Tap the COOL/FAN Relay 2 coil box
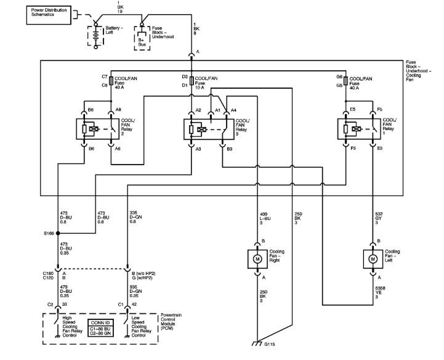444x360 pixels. pyautogui.click(x=92, y=129)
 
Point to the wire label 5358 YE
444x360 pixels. pyautogui.click(x=381, y=290)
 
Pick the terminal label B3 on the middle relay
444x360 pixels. pyautogui.click(x=229, y=149)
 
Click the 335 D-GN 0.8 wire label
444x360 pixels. pyautogui.click(x=137, y=216)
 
